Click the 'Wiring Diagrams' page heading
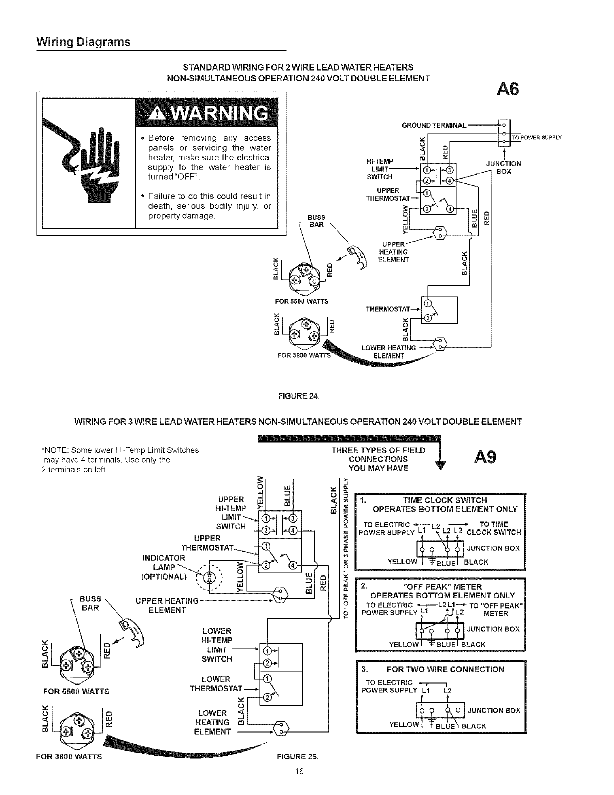coord(83,42)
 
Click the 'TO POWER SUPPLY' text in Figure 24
coord(536,137)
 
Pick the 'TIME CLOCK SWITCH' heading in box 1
coord(445,500)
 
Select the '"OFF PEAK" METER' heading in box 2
coord(442,587)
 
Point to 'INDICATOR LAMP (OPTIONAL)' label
coord(165,567)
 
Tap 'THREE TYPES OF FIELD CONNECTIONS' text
coord(378,459)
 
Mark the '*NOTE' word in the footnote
coord(51,450)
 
